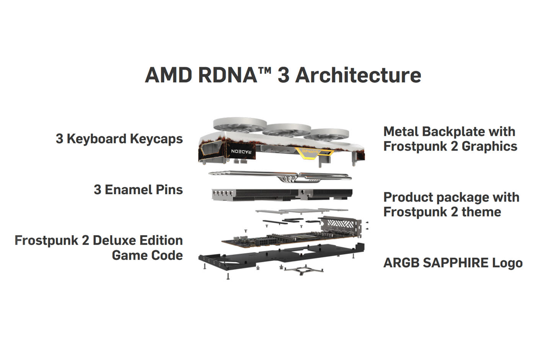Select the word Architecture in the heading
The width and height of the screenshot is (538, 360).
[x=358, y=75]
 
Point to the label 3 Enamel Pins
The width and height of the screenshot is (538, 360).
[x=138, y=190]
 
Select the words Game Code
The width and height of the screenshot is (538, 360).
[x=147, y=255]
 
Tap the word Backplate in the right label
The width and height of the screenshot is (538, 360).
[x=450, y=132]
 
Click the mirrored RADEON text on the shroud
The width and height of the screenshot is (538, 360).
[x=241, y=152]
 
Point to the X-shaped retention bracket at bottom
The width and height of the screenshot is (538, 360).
[x=303, y=270]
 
